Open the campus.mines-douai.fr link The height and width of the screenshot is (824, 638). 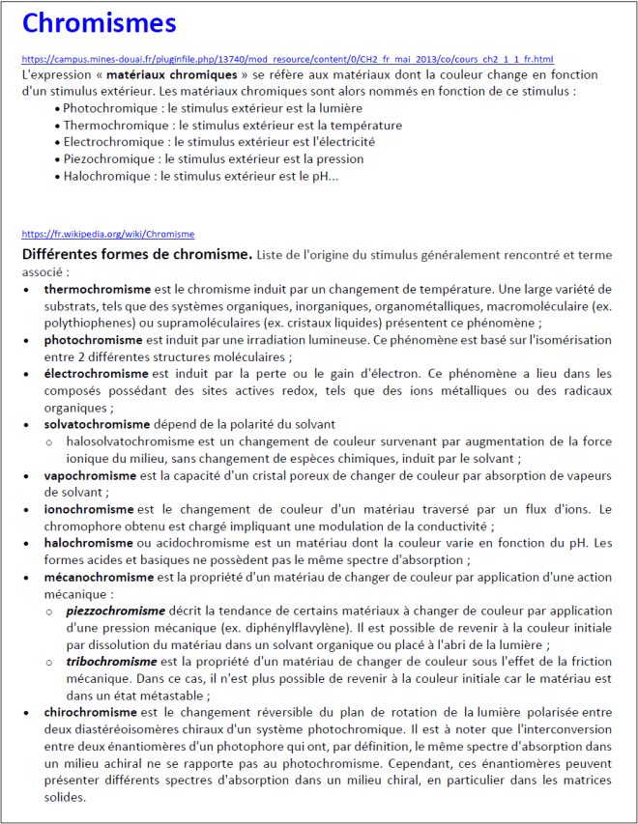pyautogui.click(x=287, y=59)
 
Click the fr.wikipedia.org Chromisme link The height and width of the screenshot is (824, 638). pyautogui.click(x=107, y=234)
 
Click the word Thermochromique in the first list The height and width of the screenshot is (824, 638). pyautogui.click(x=111, y=126)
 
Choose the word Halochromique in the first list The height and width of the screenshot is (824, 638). pyautogui.click(x=105, y=177)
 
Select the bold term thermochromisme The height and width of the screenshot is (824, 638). pyautogui.click(x=97, y=289)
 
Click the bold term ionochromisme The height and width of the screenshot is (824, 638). pyautogui.click(x=89, y=509)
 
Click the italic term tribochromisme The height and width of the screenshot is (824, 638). pyautogui.click(x=111, y=661)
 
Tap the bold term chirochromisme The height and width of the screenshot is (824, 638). pyautogui.click(x=91, y=712)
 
